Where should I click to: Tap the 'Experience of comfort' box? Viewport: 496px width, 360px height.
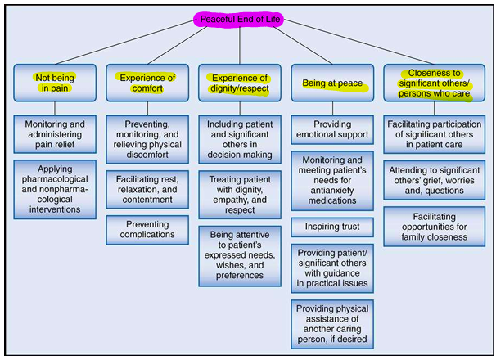click(x=147, y=83)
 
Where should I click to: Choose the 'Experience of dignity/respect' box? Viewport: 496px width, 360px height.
click(x=240, y=83)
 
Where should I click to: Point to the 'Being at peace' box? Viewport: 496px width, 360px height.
click(x=332, y=83)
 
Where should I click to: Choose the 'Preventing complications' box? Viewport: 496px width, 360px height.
click(x=147, y=229)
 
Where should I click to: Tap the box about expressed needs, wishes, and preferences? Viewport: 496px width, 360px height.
click(x=240, y=255)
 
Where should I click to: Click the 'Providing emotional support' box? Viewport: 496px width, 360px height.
click(x=332, y=130)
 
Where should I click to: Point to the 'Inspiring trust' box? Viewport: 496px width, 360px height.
click(x=332, y=226)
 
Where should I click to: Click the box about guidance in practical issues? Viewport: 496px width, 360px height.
click(x=332, y=268)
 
